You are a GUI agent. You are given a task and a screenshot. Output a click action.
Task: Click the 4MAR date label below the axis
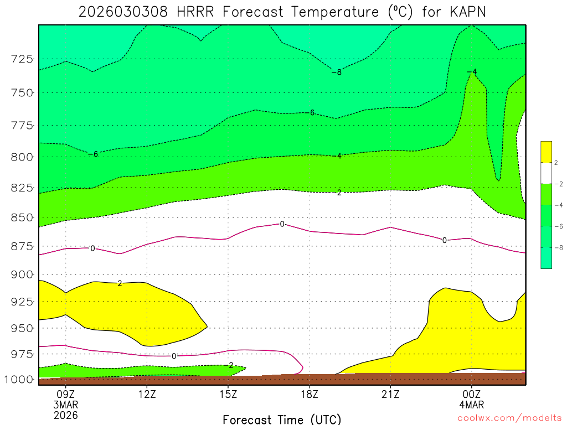pos(471,405)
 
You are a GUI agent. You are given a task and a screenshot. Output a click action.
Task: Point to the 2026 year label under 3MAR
pos(66,415)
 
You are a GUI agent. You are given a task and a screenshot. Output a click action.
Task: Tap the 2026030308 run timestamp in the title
pos(123,12)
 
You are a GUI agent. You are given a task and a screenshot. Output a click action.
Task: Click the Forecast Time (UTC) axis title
pos(282,419)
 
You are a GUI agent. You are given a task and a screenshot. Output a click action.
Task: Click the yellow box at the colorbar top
pos(546,152)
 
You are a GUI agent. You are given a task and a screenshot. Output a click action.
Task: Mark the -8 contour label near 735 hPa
pos(337,72)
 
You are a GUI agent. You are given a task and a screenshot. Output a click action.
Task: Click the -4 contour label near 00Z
pos(472,71)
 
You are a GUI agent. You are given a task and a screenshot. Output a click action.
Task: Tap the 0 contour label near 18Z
pos(282,224)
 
